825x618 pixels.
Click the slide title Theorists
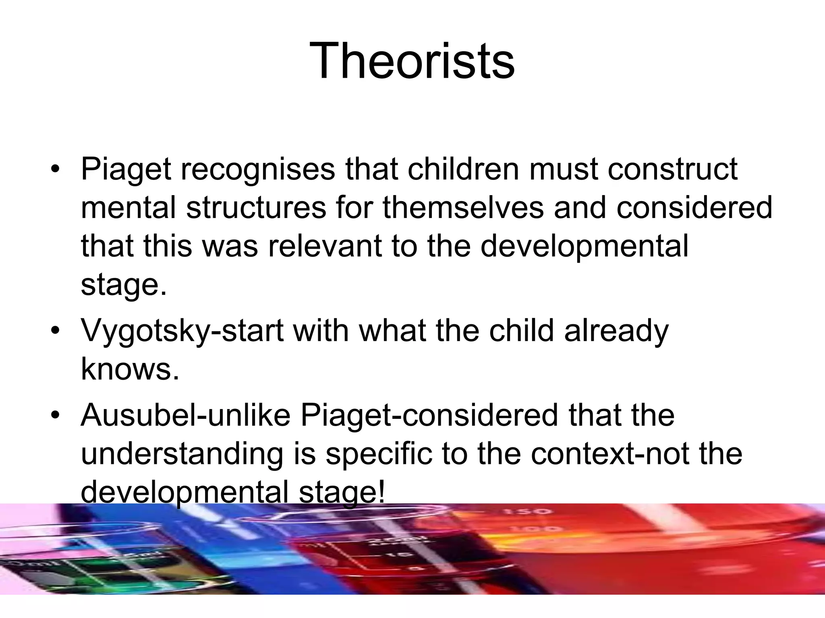[412, 61]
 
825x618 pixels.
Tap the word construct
[672, 169]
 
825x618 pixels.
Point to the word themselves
[463, 208]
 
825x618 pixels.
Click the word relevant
[325, 246]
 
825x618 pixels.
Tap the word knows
[130, 369]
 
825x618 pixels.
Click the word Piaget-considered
[429, 416]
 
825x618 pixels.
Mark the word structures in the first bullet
[256, 208]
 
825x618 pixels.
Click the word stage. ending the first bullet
[123, 285]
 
